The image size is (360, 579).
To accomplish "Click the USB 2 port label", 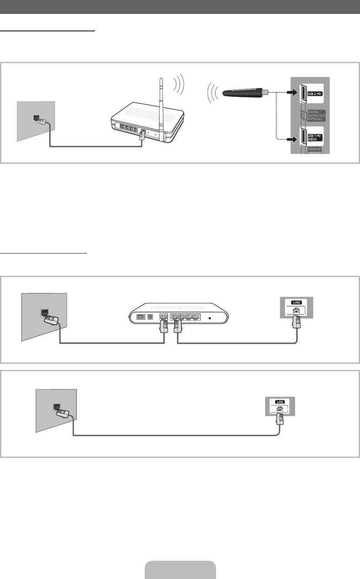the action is (x=315, y=94).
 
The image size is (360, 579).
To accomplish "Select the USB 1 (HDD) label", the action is (x=315, y=138).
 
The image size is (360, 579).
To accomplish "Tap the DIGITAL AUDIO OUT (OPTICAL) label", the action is (x=316, y=115).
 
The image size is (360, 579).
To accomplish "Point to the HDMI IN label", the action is (x=315, y=149).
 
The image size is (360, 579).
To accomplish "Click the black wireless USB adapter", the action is (x=245, y=92).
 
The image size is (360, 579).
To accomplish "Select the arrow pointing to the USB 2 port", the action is (x=292, y=92).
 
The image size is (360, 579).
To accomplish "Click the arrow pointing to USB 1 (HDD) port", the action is (x=292, y=139).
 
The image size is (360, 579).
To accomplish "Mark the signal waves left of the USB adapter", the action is (x=213, y=93).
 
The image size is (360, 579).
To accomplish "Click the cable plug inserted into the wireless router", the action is (x=142, y=135).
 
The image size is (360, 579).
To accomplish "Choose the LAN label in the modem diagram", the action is (x=296, y=302).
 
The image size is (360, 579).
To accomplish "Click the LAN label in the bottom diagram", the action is (x=280, y=402).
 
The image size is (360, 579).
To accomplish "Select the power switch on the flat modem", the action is (x=141, y=317).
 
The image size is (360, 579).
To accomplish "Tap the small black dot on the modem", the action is (x=210, y=318).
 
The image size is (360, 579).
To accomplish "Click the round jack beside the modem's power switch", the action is (x=150, y=317).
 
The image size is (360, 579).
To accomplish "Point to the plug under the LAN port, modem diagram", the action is (x=296, y=322).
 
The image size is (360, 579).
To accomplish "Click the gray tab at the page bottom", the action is (x=180, y=570).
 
